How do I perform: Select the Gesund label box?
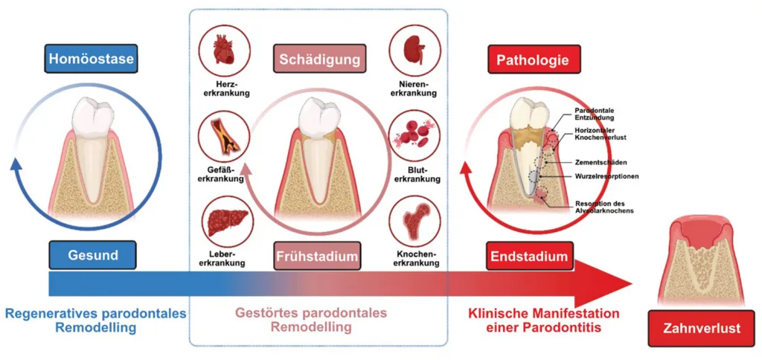click(92, 254)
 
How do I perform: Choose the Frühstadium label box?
click(318, 255)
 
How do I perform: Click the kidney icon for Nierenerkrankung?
click(414, 51)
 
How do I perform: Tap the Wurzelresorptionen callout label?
click(606, 176)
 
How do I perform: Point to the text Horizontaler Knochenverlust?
click(600, 135)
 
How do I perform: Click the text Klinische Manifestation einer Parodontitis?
click(544, 320)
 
